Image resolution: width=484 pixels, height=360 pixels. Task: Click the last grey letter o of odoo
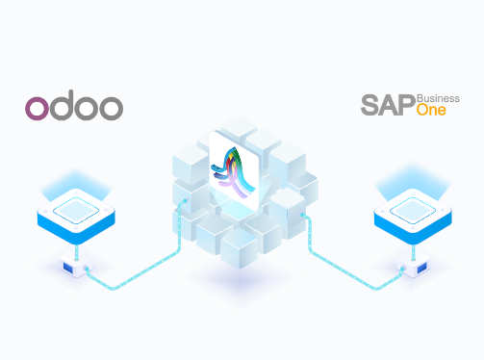coord(112,108)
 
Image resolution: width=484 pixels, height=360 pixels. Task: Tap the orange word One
coord(432,112)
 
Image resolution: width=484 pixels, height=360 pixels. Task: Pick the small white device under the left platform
coord(73,262)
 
